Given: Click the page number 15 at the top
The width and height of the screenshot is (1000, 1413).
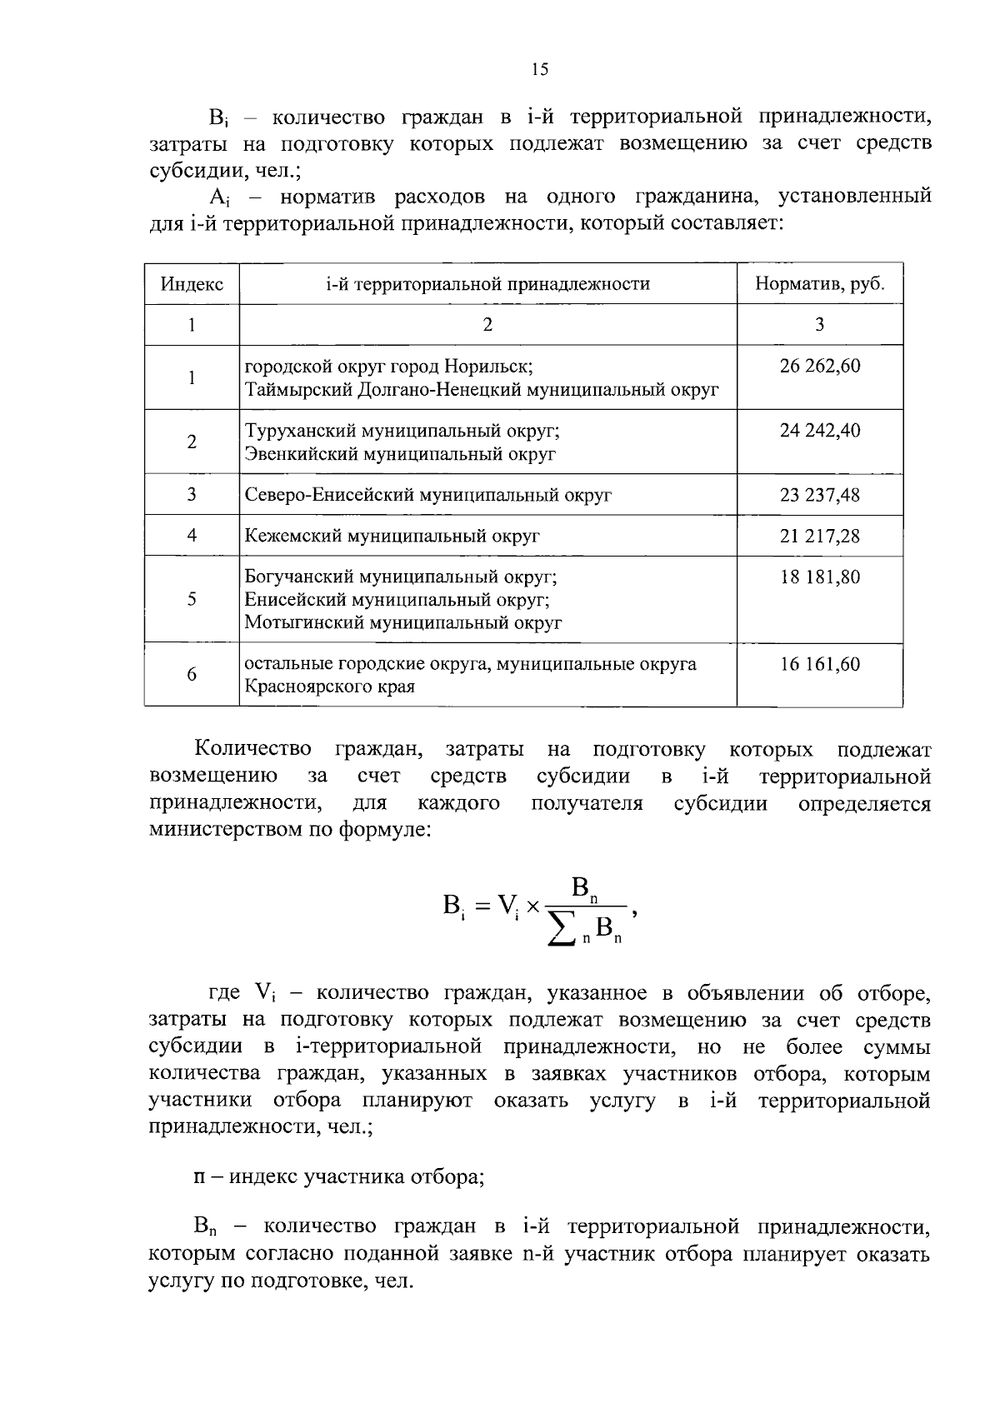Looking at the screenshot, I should coord(539,70).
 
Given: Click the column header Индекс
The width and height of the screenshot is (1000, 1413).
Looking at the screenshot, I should coord(192,284).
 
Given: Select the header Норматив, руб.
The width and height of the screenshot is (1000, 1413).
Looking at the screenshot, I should coord(819,284).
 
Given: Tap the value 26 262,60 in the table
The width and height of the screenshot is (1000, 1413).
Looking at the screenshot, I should coord(819,366).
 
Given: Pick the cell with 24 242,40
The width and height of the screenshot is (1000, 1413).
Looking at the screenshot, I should coord(819,431).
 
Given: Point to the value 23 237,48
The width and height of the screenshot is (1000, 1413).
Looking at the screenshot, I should coord(819,495).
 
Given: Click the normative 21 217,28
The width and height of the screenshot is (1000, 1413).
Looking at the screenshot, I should coord(819,536).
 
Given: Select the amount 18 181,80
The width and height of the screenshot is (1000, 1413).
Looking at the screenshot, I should coord(819,577).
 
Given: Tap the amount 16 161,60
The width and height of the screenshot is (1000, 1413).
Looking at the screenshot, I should coord(819,664).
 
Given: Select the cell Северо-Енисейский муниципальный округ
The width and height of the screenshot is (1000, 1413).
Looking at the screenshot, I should coord(428,495).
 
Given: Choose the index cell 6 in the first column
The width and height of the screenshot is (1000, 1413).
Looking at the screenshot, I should coord(192,675).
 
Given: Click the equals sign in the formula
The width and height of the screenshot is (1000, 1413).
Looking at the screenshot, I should coord(481,906).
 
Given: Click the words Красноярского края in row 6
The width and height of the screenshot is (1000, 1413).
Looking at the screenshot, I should coord(329,687).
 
